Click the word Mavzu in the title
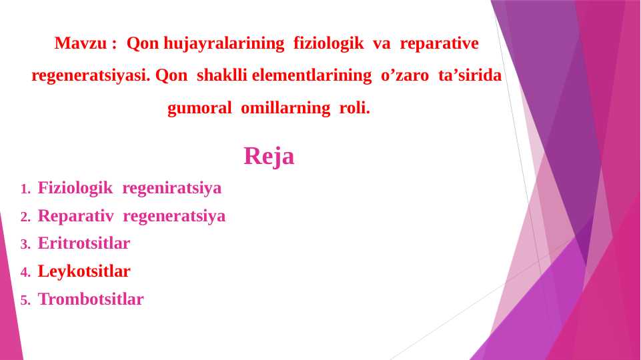(x=80, y=44)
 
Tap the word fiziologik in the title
(x=328, y=44)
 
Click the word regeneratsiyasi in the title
(x=90, y=76)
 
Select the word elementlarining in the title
(x=311, y=76)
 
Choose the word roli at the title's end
(x=354, y=109)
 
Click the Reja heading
(x=269, y=156)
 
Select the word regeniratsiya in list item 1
(x=171, y=188)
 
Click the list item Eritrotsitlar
(x=84, y=243)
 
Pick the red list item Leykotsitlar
(x=84, y=271)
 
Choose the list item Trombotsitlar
(x=91, y=299)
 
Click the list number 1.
(x=25, y=189)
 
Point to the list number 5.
(x=25, y=301)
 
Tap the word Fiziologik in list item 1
(x=75, y=188)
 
